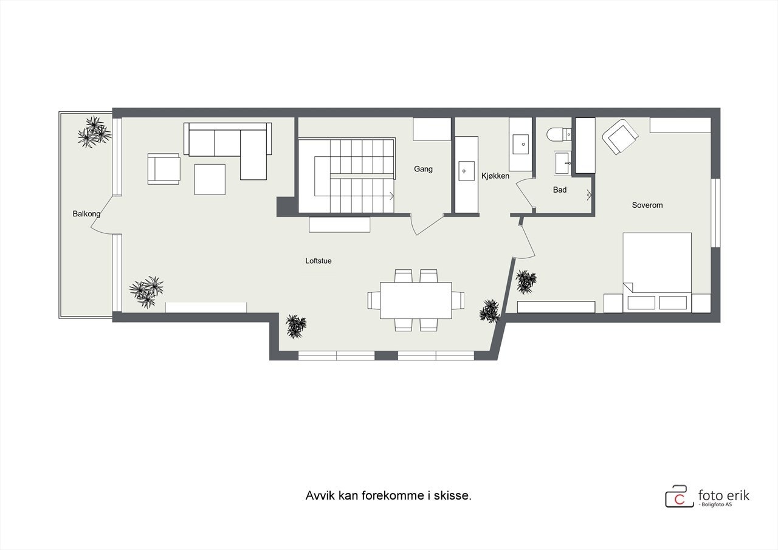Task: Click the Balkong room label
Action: [86, 214]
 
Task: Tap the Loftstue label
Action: [318, 261]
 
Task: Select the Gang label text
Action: [423, 169]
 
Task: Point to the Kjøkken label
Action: [495, 176]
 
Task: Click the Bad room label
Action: [560, 190]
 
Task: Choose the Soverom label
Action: [647, 205]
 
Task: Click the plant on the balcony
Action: [94, 132]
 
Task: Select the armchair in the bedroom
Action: [621, 137]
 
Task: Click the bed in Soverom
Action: [657, 267]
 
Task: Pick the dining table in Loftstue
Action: [416, 300]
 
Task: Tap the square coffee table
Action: [210, 179]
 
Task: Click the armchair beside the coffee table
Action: [164, 168]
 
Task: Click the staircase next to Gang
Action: [346, 176]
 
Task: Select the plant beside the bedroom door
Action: [526, 281]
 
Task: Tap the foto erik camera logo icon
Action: [679, 496]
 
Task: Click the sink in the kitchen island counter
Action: [466, 168]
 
